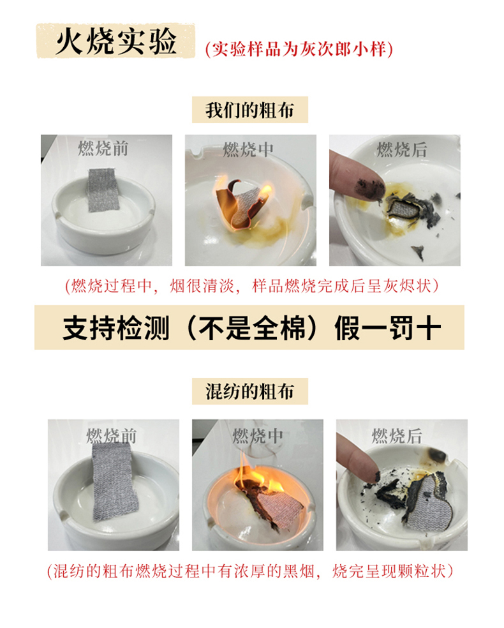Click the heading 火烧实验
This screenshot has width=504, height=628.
click(x=115, y=41)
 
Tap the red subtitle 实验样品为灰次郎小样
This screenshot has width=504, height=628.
click(x=299, y=50)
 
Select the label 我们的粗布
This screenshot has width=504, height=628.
click(x=250, y=110)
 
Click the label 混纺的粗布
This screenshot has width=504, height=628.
click(x=250, y=391)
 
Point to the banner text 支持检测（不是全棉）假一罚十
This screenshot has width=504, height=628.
click(x=251, y=327)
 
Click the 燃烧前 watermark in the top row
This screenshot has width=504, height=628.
click(x=103, y=149)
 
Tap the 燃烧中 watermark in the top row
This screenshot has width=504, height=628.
click(x=248, y=149)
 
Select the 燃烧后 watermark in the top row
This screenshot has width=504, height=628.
click(x=402, y=150)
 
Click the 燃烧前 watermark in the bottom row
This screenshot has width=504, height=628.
click(x=112, y=436)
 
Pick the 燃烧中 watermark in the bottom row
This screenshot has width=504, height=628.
click(x=258, y=435)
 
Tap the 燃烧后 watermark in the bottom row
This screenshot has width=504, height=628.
click(x=397, y=436)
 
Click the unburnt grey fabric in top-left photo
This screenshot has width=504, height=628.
click(x=103, y=190)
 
